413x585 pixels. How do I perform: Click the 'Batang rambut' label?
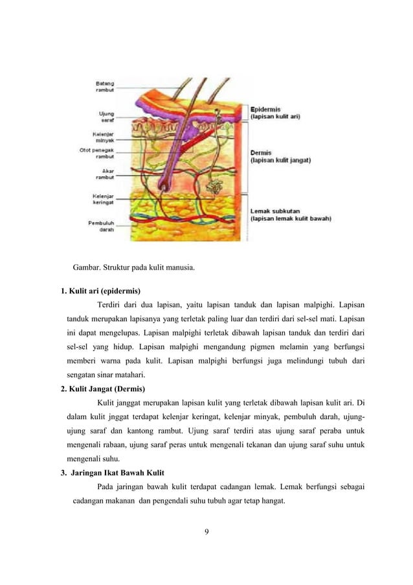click(x=105, y=86)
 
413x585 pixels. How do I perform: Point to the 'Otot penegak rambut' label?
click(x=97, y=154)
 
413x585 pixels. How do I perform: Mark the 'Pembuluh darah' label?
click(x=101, y=225)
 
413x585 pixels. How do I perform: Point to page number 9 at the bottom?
click(x=206, y=533)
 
